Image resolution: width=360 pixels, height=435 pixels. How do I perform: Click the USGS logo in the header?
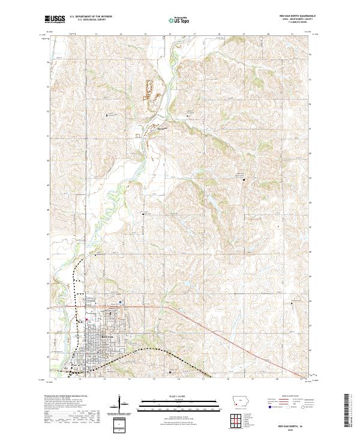(55, 19)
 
